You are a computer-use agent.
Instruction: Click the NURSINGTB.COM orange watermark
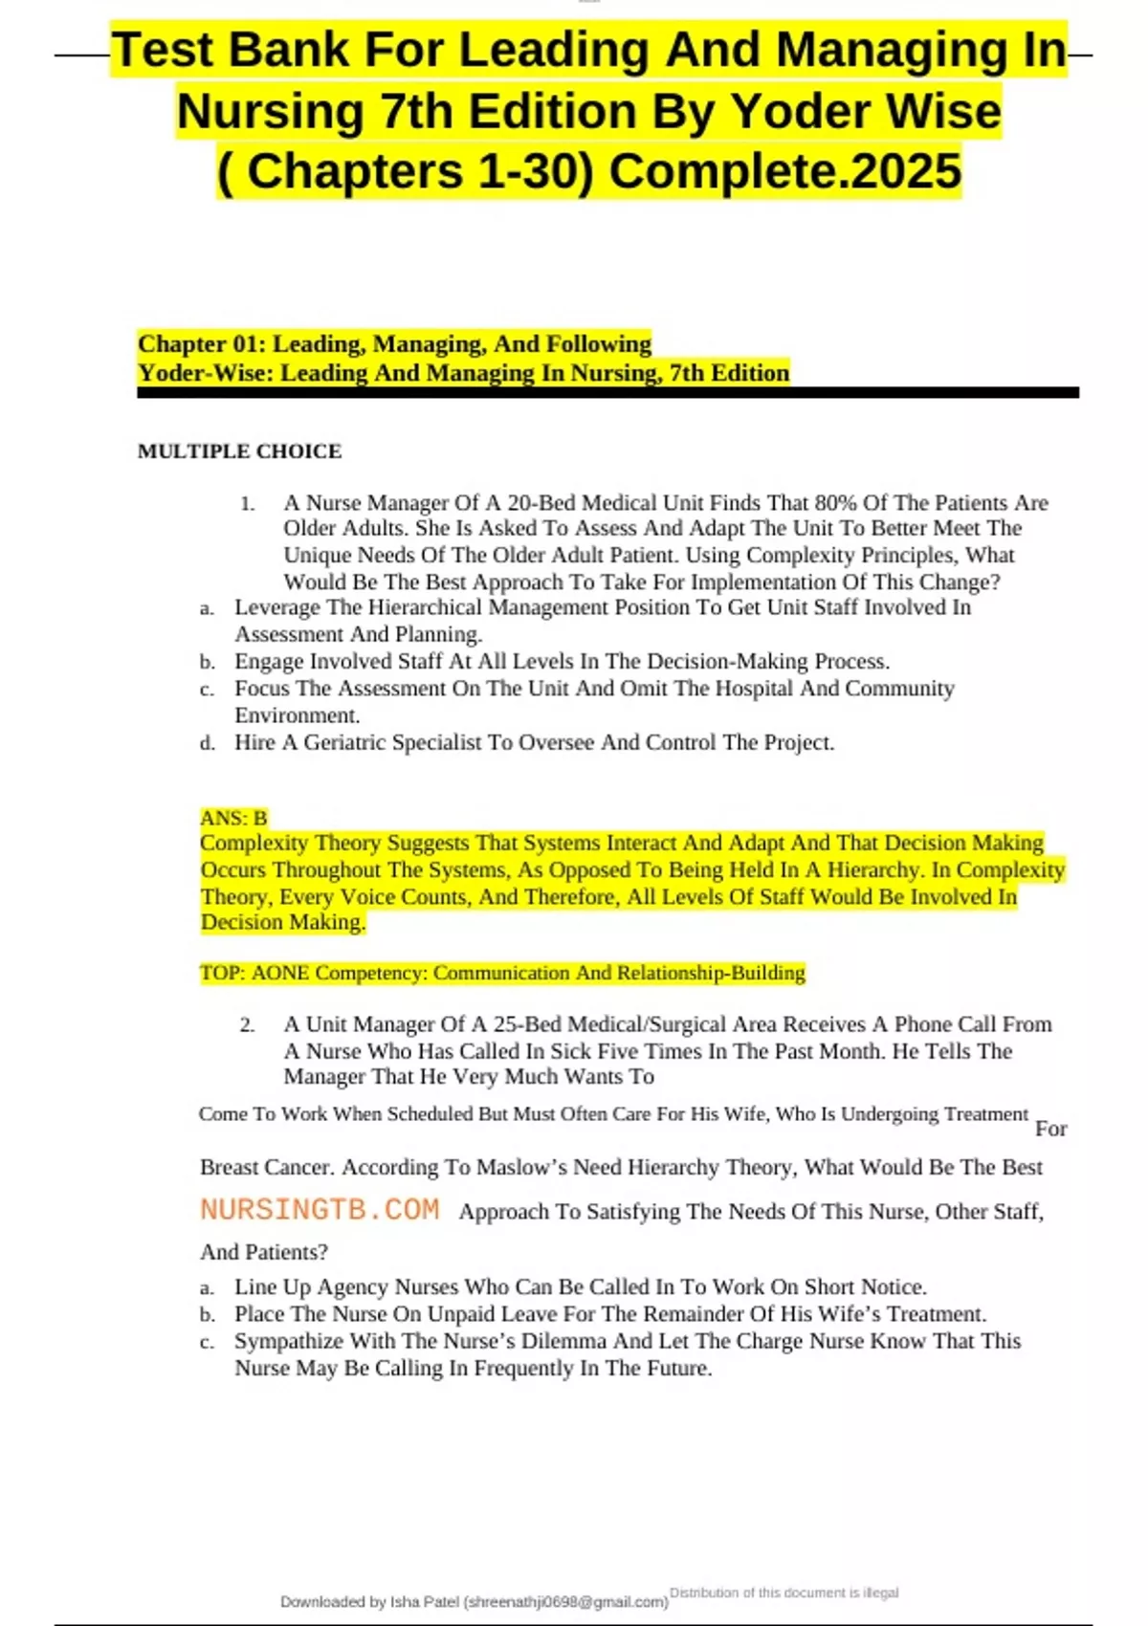pos(320,1210)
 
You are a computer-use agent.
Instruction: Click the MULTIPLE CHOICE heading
pos(239,451)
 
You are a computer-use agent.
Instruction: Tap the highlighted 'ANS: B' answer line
pos(233,818)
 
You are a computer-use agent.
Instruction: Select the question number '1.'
pos(248,504)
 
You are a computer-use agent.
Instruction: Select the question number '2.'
pos(248,1025)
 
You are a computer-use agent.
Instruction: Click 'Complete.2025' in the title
pos(784,172)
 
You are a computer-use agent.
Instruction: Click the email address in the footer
pos(565,1601)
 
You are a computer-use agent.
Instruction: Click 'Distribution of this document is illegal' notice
pos(784,1593)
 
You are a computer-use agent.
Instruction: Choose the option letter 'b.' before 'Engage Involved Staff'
pos(208,662)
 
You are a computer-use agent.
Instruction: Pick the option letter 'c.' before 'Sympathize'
pos(208,1342)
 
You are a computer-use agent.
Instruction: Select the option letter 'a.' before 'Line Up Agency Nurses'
pos(208,1288)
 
